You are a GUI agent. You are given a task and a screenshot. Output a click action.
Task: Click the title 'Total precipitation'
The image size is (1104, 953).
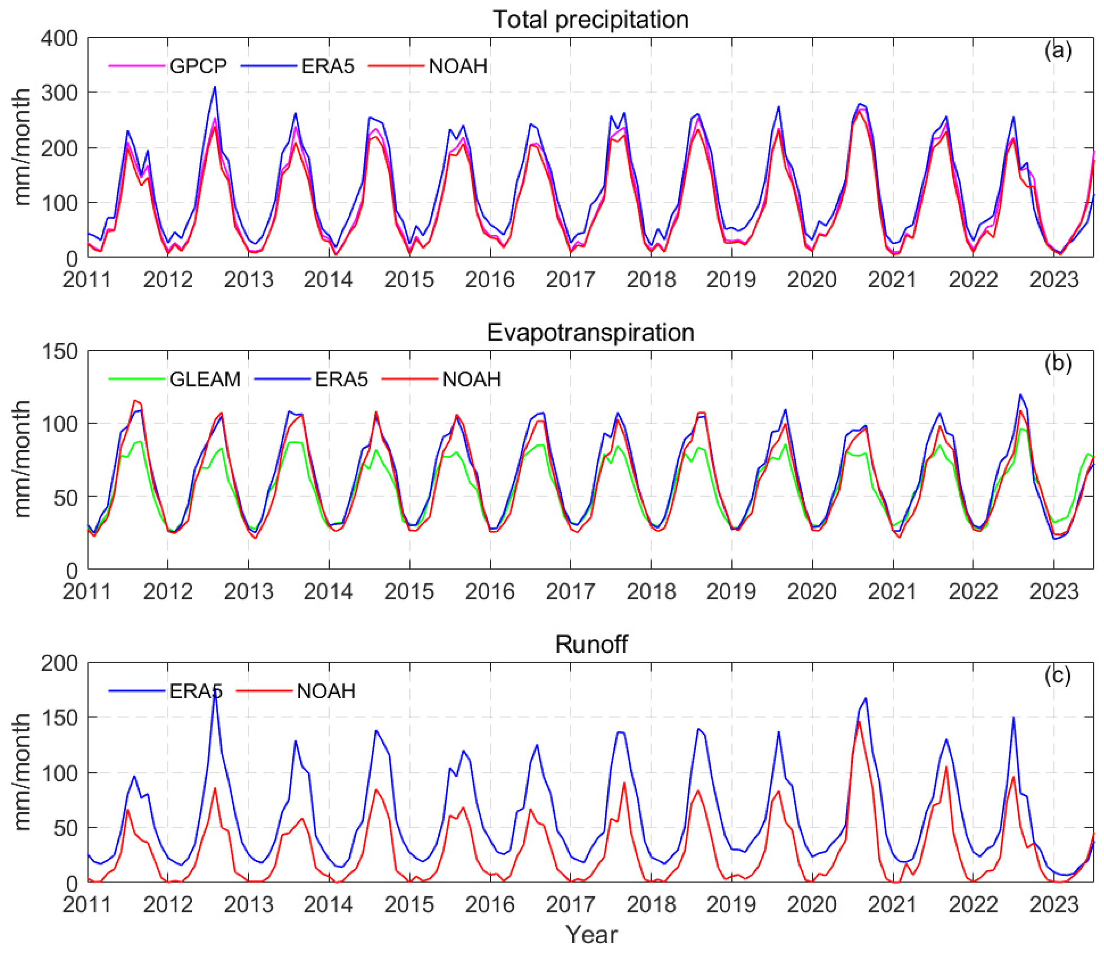pyautogui.click(x=590, y=20)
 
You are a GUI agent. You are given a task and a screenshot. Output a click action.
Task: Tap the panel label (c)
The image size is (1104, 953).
pyautogui.click(x=1058, y=675)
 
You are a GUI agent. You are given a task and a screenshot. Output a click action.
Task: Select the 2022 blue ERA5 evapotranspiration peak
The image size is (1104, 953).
pyautogui.click(x=1021, y=395)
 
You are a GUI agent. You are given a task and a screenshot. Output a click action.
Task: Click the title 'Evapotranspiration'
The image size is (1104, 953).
pyautogui.click(x=590, y=332)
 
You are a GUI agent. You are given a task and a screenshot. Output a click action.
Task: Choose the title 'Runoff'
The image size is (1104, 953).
pyautogui.click(x=591, y=644)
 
